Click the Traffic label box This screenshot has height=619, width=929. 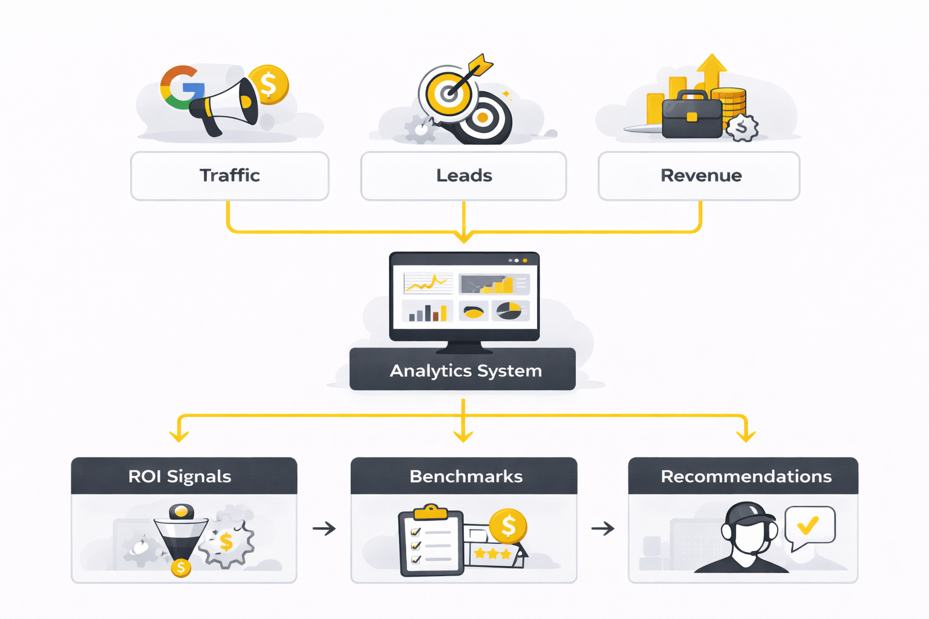[x=230, y=176]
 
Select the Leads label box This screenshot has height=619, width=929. [x=463, y=176]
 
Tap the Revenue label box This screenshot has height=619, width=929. [x=699, y=176]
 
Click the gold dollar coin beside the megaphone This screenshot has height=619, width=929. [x=268, y=85]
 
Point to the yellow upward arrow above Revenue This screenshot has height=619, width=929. [x=712, y=70]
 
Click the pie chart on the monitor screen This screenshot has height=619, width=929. [x=509, y=311]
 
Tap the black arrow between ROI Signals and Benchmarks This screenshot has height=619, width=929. [x=324, y=528]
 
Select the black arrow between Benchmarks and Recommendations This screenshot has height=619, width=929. [x=602, y=528]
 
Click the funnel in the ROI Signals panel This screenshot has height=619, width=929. [x=181, y=535]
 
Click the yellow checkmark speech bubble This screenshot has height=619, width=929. [x=809, y=527]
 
